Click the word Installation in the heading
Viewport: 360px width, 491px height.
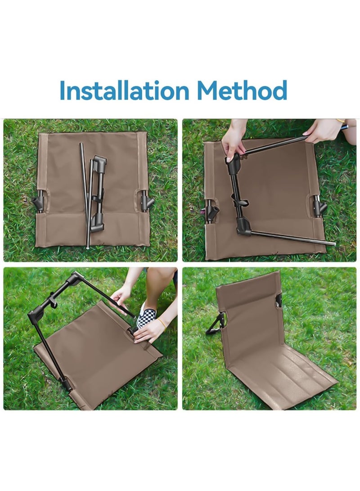(x=124, y=90)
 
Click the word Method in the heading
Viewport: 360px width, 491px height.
(x=242, y=90)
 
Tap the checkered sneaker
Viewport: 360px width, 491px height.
(x=145, y=313)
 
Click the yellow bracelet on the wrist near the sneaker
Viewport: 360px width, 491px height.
(x=162, y=324)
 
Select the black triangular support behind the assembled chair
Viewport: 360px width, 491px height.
(x=216, y=324)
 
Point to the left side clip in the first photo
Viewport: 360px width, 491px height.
(x=39, y=203)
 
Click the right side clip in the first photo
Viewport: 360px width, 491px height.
(x=146, y=201)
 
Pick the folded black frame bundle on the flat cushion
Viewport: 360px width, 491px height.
(x=98, y=194)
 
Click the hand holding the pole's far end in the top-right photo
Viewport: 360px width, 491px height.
(x=323, y=130)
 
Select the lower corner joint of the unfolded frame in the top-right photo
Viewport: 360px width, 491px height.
(x=243, y=226)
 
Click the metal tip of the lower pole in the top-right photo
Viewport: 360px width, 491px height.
(x=330, y=243)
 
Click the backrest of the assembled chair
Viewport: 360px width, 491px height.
(x=247, y=313)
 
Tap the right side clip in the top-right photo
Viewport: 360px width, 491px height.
(x=319, y=206)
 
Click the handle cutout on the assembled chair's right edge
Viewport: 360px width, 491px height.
(x=278, y=301)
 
